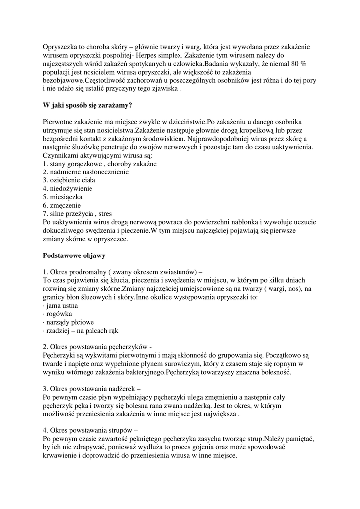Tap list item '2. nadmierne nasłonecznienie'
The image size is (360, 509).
86,172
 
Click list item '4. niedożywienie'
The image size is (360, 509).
67,189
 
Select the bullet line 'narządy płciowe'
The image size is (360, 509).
70,323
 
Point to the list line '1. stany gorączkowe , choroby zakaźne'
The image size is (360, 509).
99,164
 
